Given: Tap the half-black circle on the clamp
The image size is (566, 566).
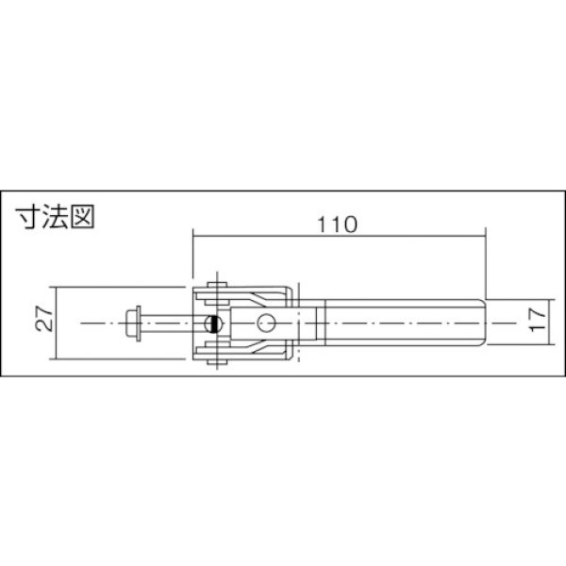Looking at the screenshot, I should (x=215, y=323).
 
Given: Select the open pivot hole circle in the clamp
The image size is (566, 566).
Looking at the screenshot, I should (x=269, y=323).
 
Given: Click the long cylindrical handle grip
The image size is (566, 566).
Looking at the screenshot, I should (x=401, y=323).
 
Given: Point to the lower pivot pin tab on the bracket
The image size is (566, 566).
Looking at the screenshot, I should (x=219, y=359).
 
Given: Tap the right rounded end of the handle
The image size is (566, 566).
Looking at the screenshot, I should (x=482, y=323).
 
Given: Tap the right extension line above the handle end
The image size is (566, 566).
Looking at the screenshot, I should (x=486, y=264).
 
